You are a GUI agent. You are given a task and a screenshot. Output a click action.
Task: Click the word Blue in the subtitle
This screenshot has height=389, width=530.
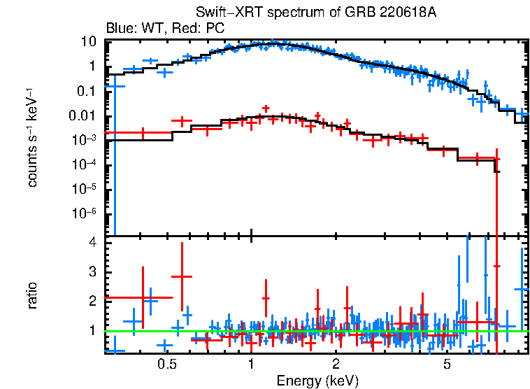click(118, 28)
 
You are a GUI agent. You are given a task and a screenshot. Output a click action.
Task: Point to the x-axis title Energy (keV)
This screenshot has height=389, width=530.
click(317, 381)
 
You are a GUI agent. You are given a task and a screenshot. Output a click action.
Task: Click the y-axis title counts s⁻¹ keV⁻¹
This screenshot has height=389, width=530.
click(32, 137)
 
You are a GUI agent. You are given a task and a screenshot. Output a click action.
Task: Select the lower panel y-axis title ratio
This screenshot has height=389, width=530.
click(32, 296)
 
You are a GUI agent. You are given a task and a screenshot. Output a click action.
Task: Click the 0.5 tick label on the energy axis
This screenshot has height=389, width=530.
click(166, 365)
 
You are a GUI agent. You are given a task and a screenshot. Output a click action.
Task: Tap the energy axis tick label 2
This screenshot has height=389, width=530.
click(336, 365)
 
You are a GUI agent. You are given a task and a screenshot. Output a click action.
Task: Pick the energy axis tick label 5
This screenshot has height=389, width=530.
click(447, 365)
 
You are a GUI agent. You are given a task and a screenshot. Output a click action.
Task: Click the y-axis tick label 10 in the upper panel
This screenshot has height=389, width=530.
click(88, 41)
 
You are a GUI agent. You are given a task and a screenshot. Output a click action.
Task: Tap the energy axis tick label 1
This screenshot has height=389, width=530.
click(251, 365)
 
